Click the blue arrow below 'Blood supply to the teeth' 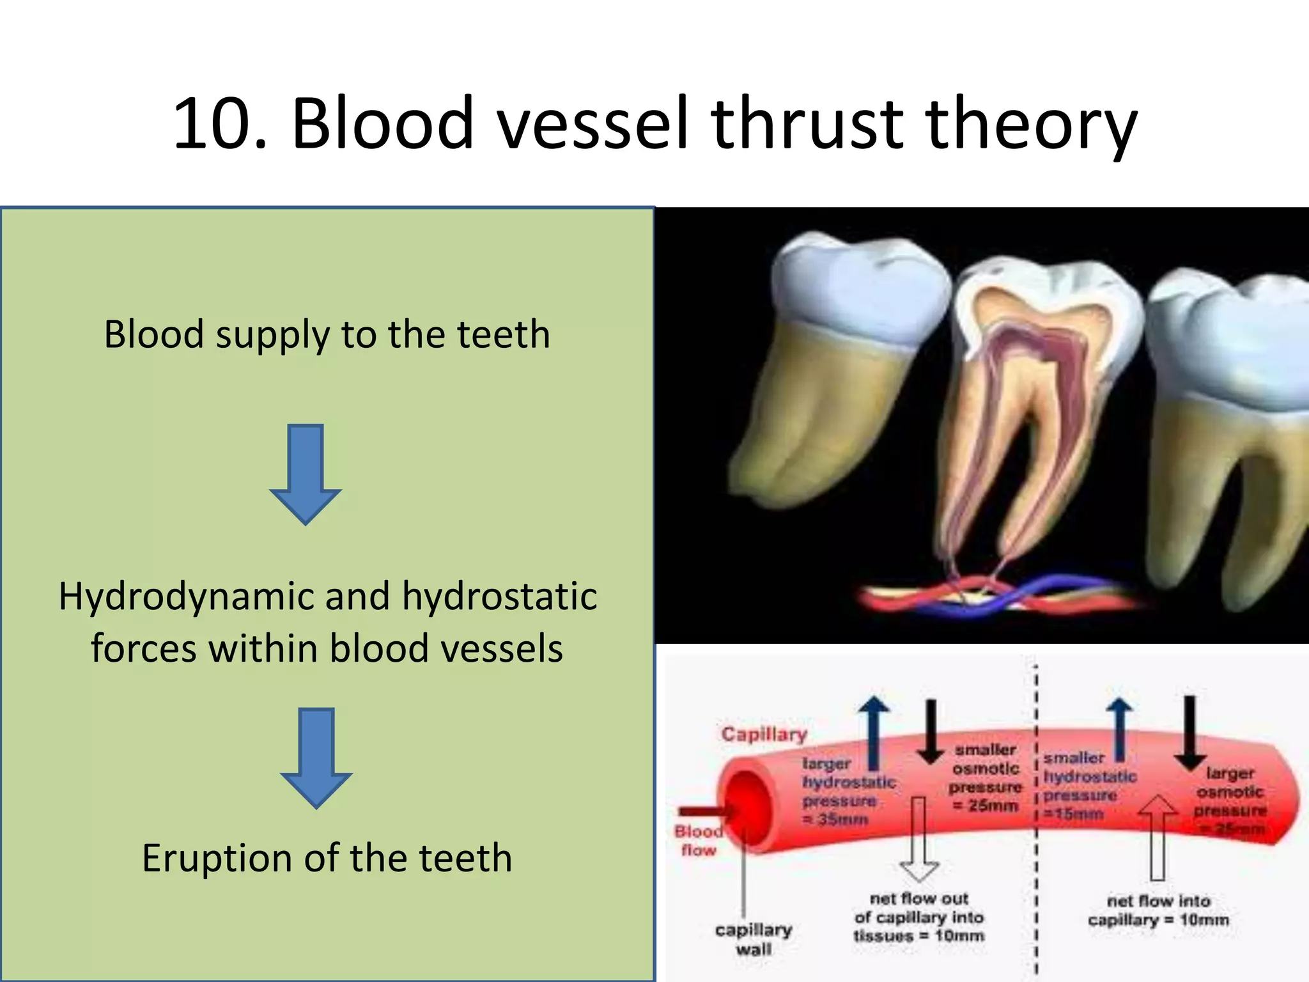306,474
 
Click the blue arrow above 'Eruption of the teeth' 316,758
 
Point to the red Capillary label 764,734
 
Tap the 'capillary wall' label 754,939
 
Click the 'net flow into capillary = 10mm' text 1158,910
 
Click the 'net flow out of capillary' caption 918,917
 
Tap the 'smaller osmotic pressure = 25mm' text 986,777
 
